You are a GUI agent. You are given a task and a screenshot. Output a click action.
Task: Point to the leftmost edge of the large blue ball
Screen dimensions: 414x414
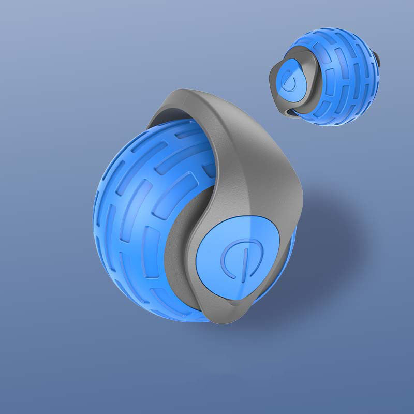94,217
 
